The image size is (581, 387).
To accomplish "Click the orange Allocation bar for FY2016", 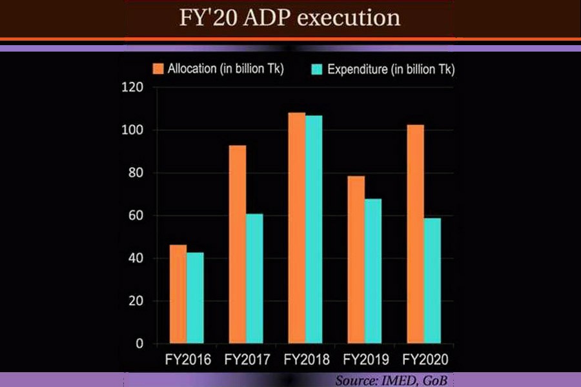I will pos(178,294).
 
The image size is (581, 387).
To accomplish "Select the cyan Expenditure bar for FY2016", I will pos(194,298).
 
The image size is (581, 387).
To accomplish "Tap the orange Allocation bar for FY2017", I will pos(238,244).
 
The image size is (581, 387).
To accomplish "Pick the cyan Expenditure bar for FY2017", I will pos(254,279).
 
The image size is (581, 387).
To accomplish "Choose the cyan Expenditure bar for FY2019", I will pos(372,271).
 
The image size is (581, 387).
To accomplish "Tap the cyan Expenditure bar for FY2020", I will pos(432,281).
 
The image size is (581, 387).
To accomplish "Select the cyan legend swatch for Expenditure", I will pos(318,69).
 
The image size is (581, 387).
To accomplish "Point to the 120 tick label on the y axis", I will pos(132,88).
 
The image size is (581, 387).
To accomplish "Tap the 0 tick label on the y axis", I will pos(139,344).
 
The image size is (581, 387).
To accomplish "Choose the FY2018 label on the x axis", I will pos(305,359).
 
